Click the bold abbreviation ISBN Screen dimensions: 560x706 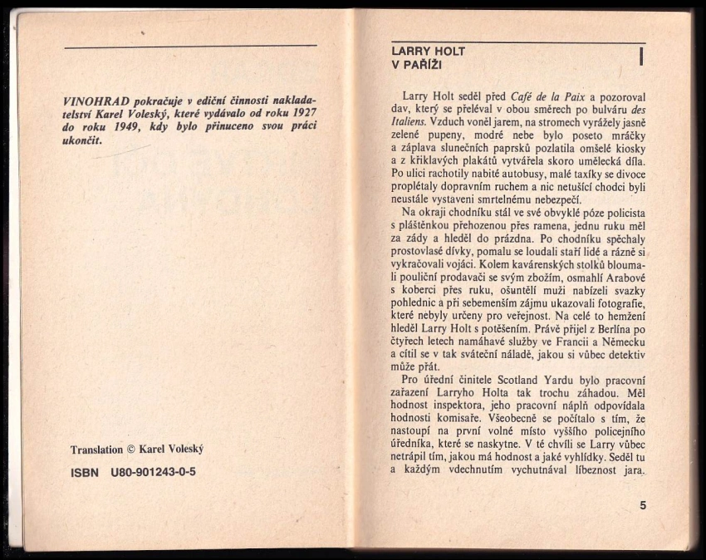pos(85,472)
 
